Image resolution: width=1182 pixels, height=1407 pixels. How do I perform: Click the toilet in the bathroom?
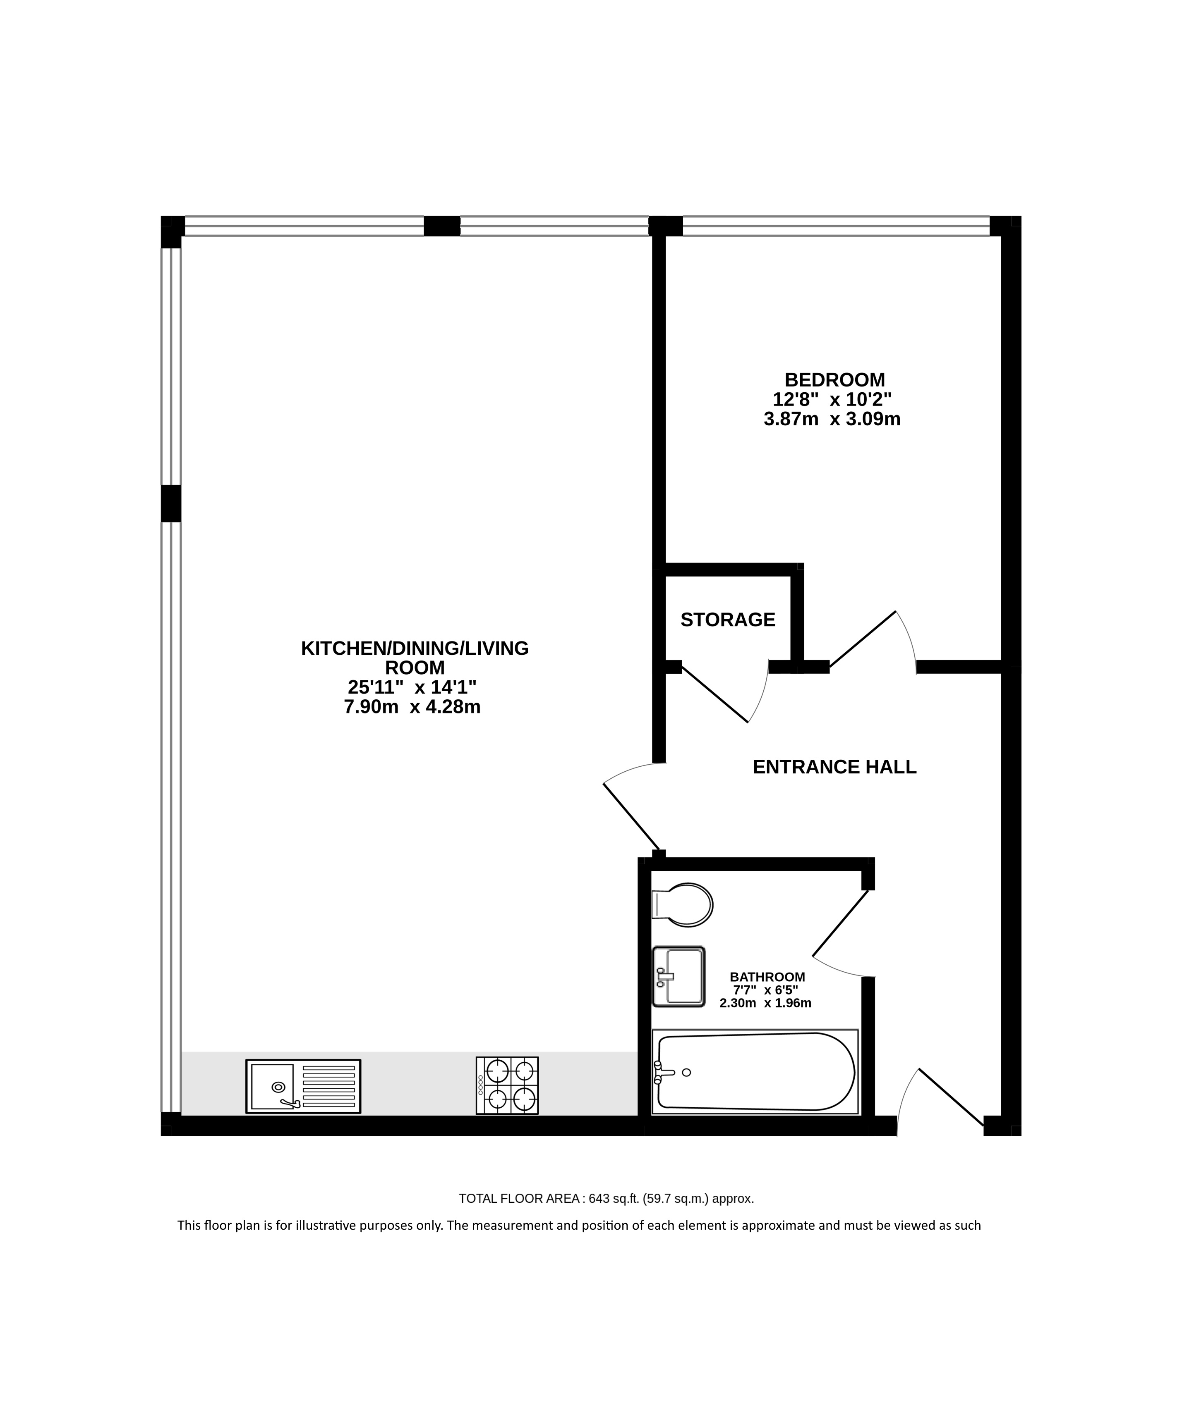click(682, 904)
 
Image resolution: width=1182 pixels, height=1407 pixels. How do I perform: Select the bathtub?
click(755, 1072)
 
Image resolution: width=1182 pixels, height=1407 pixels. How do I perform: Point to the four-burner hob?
click(507, 1085)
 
